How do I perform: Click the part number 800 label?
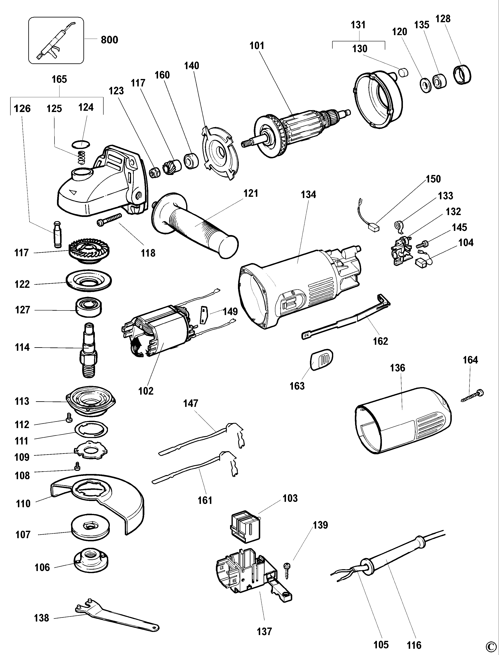(x=109, y=40)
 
